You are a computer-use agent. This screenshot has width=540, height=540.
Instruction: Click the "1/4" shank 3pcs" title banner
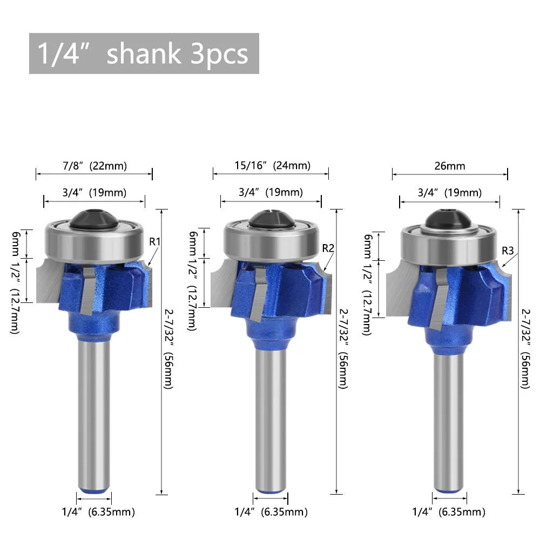(x=144, y=53)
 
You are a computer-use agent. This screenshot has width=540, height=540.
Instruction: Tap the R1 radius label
(x=154, y=242)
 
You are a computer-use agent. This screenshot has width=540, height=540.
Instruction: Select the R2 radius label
(x=328, y=248)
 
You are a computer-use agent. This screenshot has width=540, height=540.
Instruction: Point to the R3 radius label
(x=508, y=251)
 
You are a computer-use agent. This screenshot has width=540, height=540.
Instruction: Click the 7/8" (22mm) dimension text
(x=94, y=166)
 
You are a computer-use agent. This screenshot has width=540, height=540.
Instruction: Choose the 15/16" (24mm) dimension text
(x=272, y=165)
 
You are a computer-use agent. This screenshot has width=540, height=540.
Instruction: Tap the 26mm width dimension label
(x=450, y=166)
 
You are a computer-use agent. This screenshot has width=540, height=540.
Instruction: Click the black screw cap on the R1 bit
(x=93, y=219)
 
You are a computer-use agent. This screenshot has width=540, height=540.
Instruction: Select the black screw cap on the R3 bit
(x=449, y=219)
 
